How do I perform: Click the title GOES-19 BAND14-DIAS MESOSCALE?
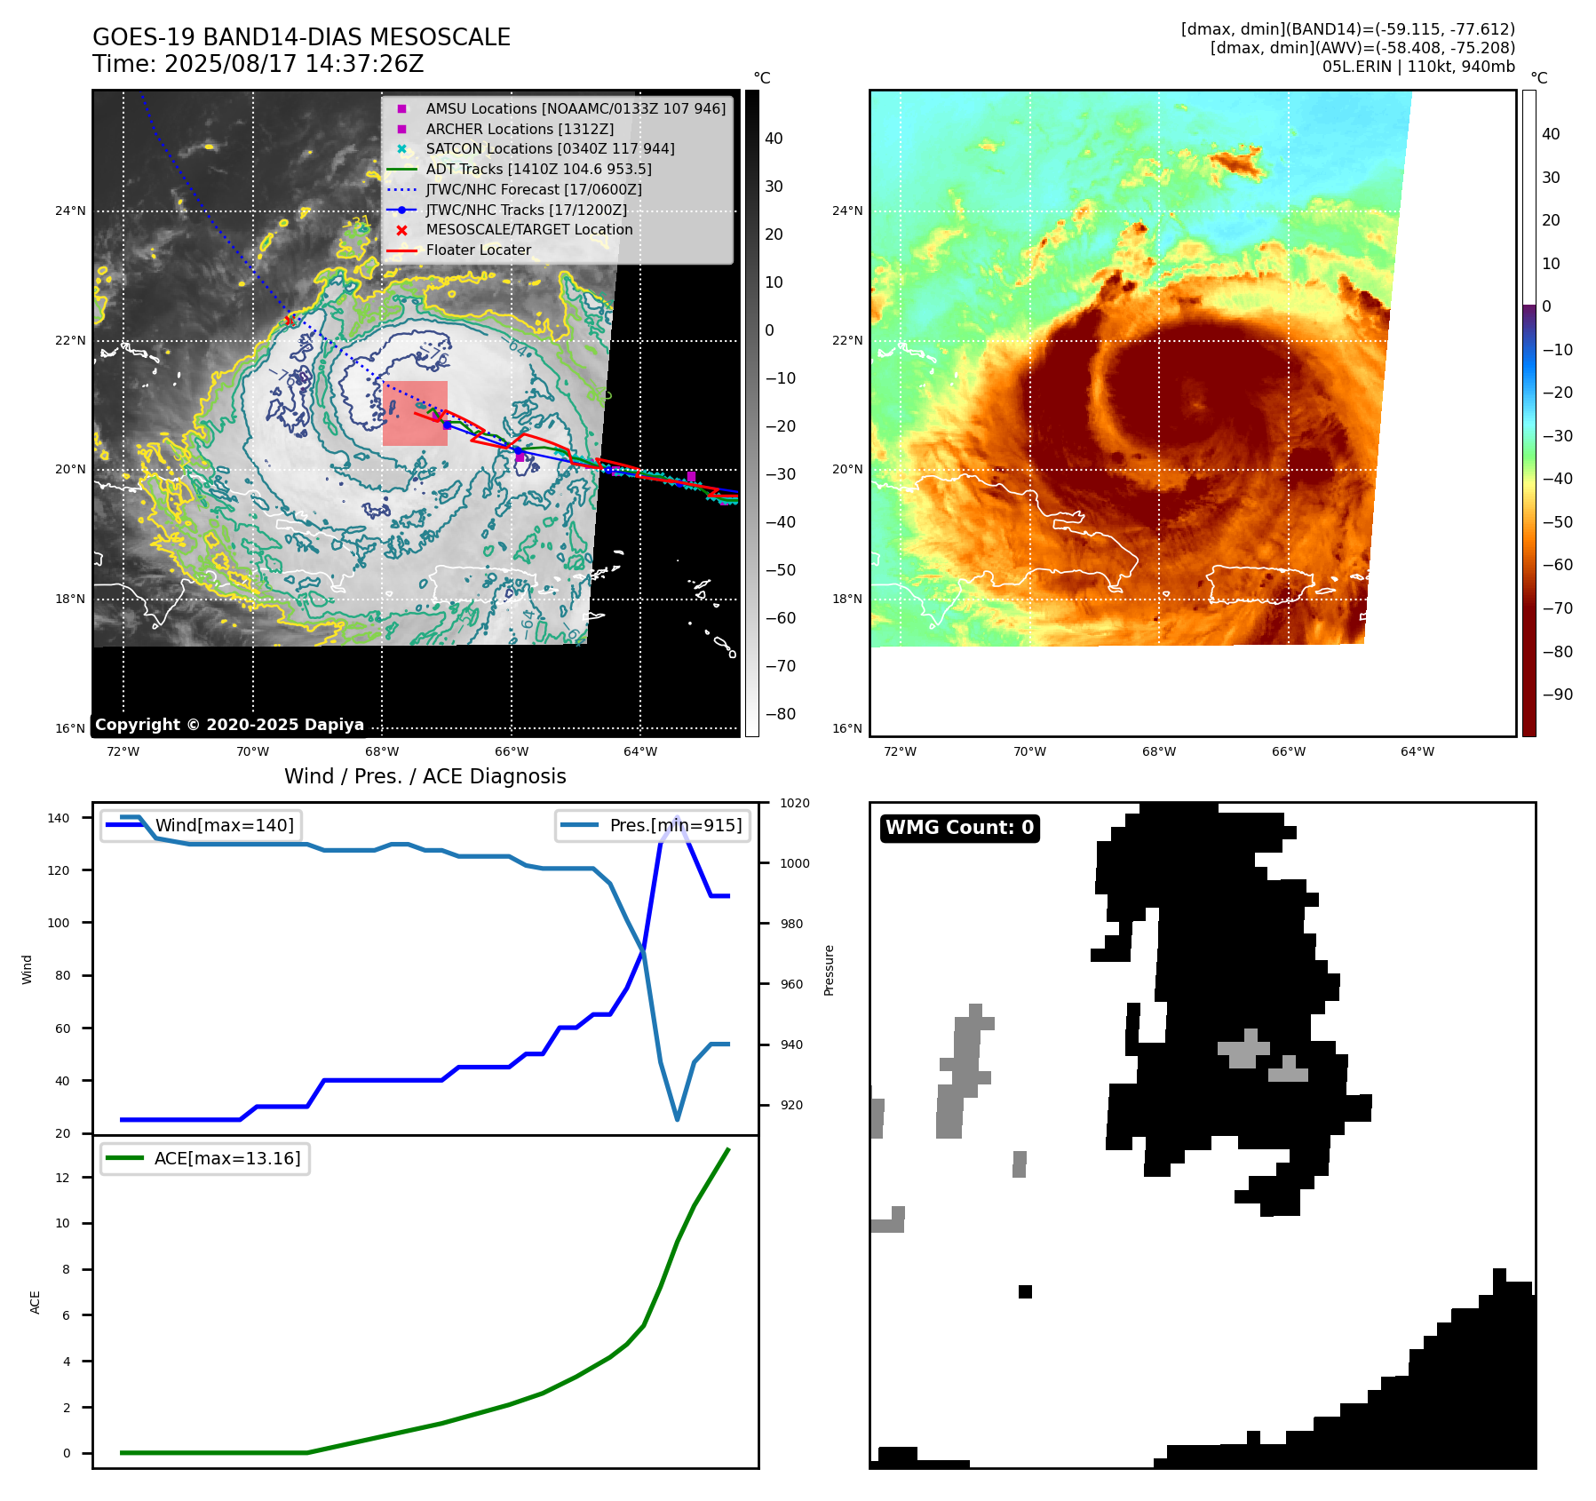[x=301, y=37]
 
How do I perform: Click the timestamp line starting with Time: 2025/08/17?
[x=258, y=64]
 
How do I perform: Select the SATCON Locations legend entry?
[x=549, y=148]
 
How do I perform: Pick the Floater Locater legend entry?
[x=478, y=250]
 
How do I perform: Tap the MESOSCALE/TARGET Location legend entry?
[x=528, y=229]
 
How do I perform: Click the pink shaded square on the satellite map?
[x=415, y=413]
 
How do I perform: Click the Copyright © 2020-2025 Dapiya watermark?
[x=229, y=725]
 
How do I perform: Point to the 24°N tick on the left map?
[x=70, y=210]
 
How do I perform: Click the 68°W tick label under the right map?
[x=1158, y=751]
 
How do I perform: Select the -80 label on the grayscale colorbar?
[x=781, y=714]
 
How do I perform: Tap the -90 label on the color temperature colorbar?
[x=1557, y=695]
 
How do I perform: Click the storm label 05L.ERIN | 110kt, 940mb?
[x=1418, y=67]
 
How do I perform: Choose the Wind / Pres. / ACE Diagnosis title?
[x=425, y=776]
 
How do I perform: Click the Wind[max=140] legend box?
[x=201, y=825]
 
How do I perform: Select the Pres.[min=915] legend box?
[x=653, y=825]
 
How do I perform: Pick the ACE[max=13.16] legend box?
[x=205, y=1158]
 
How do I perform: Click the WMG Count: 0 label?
[x=959, y=828]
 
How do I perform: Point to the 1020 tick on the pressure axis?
[x=794, y=803]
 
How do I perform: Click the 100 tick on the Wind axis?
[x=58, y=923]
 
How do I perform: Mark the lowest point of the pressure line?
[x=678, y=1119]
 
